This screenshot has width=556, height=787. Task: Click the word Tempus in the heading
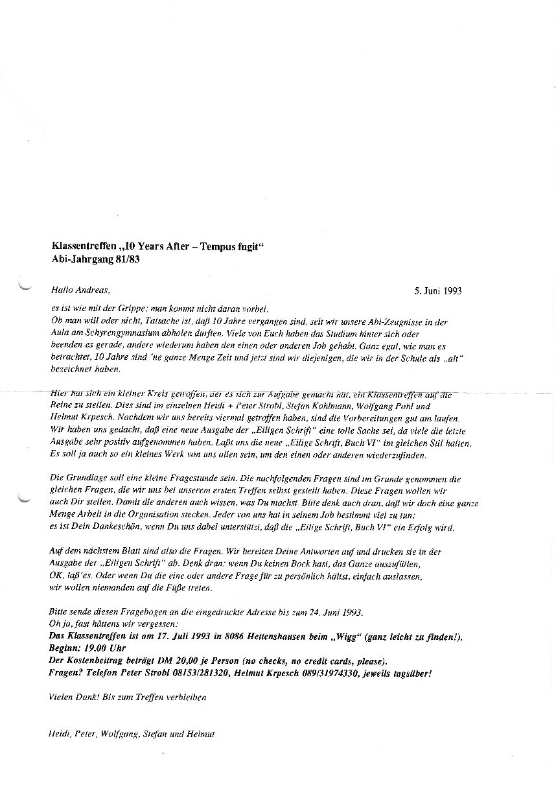[211, 246]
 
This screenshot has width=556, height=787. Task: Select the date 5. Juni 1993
[438, 291]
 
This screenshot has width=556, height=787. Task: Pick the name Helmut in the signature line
[200, 734]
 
